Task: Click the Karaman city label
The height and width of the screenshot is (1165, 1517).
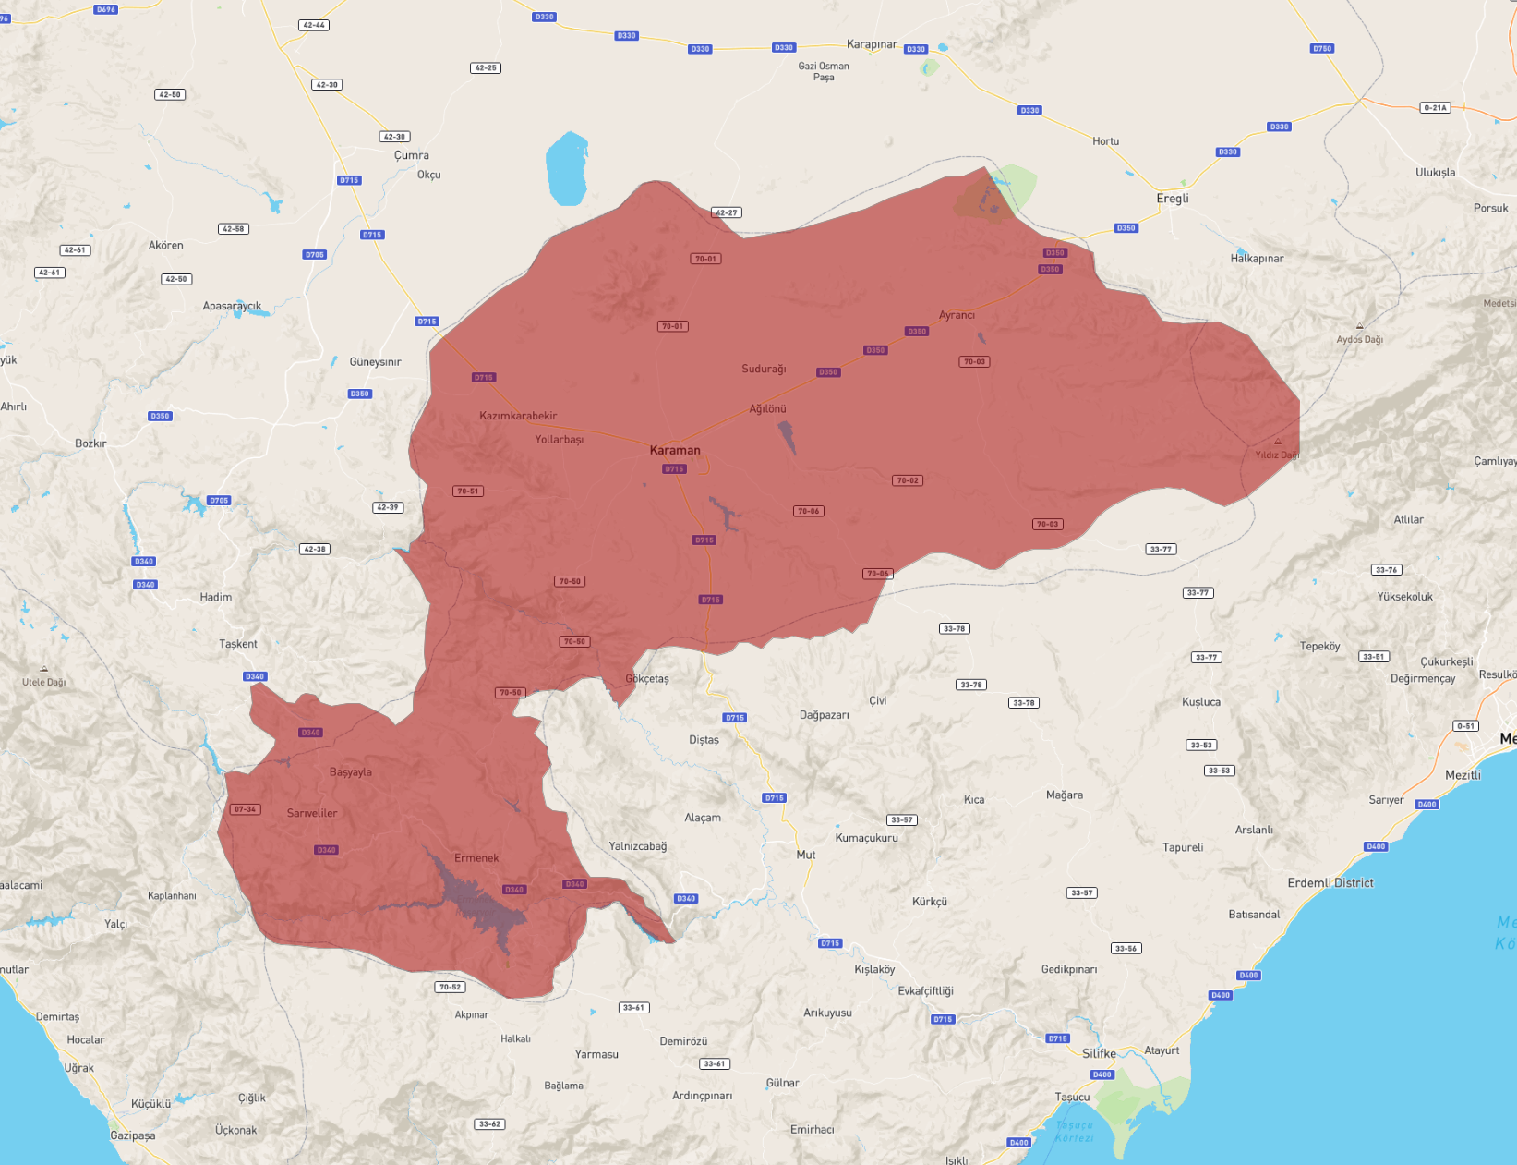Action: tap(675, 450)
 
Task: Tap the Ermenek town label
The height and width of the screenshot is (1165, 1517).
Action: tap(476, 858)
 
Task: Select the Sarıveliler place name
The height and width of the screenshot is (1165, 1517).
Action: tap(312, 813)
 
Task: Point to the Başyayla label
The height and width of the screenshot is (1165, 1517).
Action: tap(351, 772)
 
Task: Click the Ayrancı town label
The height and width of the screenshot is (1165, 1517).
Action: tap(957, 315)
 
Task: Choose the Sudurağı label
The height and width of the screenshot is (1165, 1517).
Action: tap(764, 369)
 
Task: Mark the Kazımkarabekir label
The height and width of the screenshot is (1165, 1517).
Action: tap(518, 416)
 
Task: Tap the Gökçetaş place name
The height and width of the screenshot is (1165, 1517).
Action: tap(647, 678)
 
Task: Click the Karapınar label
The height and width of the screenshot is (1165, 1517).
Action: tap(872, 44)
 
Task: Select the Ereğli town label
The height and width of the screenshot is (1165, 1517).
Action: tap(1173, 199)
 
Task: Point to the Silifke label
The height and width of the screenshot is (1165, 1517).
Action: tap(1099, 1053)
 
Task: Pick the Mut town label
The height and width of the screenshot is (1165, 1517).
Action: tap(806, 855)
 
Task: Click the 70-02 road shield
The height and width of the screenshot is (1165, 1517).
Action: tap(908, 480)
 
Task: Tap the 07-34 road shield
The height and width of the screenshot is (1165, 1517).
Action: tap(245, 809)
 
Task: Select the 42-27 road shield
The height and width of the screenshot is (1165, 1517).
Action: tap(727, 212)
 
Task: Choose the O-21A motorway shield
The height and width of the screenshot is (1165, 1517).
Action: tap(1435, 108)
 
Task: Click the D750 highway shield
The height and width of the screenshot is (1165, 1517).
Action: tap(1322, 49)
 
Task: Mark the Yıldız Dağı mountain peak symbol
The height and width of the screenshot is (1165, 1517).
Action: tap(1278, 442)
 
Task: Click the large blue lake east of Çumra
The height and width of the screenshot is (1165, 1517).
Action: tap(566, 168)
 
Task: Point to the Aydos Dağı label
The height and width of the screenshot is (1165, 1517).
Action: tap(1359, 339)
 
